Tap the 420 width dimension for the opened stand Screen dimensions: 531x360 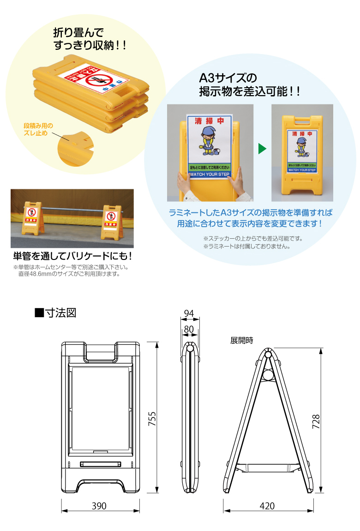(267, 506)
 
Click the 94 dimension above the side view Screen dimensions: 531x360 (189, 314)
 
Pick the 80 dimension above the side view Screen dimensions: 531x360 (189, 329)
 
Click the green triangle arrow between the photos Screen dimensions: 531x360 (262, 149)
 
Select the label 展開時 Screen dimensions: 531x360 (242, 340)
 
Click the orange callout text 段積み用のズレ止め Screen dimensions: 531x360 (39, 129)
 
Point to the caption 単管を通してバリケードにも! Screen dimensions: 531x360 (72, 256)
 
